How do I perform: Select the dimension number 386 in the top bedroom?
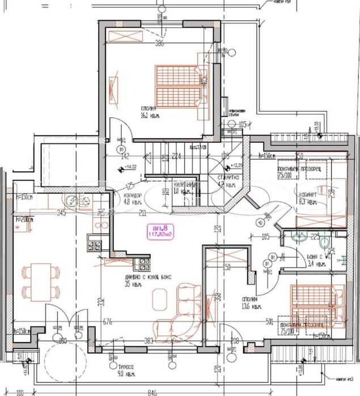point(160,44)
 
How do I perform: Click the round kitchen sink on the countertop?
point(73,199)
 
